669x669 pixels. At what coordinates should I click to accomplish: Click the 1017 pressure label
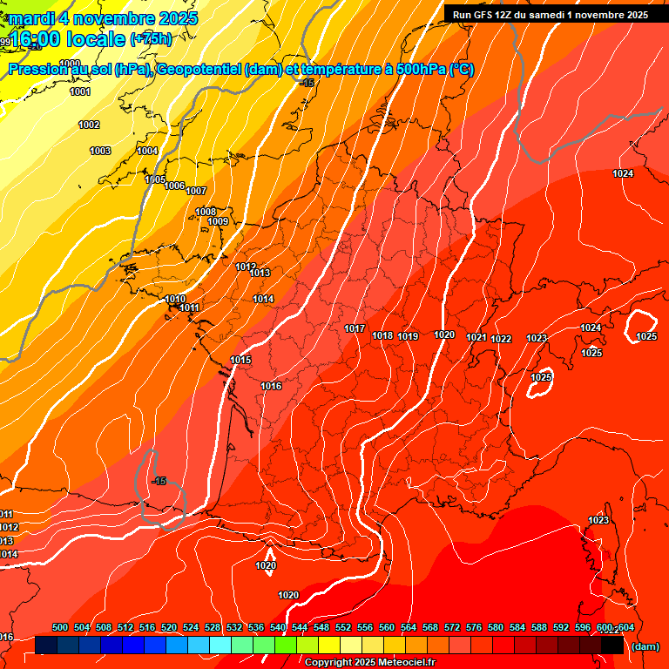click(x=355, y=328)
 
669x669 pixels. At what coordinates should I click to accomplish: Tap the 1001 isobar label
click(x=79, y=91)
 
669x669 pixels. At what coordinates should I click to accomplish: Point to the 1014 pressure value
click(x=263, y=299)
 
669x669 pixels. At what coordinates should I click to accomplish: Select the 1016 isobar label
click(x=271, y=386)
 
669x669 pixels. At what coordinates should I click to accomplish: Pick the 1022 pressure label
click(x=501, y=339)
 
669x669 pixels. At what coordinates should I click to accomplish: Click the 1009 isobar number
click(x=218, y=221)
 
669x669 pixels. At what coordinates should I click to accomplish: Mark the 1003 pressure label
click(x=100, y=151)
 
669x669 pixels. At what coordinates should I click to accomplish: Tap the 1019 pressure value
click(x=409, y=336)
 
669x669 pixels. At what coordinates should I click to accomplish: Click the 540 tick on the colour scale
click(x=278, y=627)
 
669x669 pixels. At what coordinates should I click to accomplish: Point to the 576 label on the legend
click(x=474, y=627)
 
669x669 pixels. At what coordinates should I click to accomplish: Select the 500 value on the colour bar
click(x=60, y=627)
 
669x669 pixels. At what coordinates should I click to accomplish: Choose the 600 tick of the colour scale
click(x=605, y=627)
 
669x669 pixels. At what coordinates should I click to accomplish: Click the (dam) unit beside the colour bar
click(x=645, y=646)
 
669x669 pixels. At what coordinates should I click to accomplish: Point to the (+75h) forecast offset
click(x=151, y=39)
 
